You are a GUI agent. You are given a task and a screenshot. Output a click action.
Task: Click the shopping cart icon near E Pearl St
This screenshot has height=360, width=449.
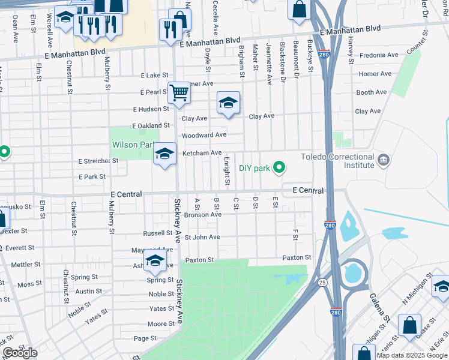tap(179, 93)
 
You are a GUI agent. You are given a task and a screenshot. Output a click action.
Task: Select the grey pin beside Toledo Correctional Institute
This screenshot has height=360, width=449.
tap(384, 160)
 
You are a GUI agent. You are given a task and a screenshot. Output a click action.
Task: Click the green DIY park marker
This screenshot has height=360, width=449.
tap(279, 168)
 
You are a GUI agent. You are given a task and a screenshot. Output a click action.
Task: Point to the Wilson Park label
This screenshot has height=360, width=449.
tap(133, 145)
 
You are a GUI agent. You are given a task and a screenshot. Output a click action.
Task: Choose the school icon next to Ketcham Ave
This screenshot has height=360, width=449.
tap(164, 154)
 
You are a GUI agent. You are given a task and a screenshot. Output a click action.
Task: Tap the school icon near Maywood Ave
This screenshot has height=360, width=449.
tap(155, 261)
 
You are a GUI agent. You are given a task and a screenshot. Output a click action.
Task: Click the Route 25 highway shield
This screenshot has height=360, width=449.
tap(322, 282)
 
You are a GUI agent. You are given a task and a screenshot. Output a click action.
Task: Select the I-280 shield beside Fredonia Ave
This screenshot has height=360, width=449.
tap(324, 54)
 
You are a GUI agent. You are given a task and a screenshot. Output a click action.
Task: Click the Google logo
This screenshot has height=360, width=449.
tap(20, 353)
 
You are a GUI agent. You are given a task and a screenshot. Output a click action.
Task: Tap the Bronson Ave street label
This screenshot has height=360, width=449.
tap(203, 214)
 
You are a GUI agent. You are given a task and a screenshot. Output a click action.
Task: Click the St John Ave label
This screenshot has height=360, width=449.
tap(202, 237)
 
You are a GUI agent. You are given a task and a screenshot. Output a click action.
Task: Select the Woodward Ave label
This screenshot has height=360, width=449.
tap(204, 135)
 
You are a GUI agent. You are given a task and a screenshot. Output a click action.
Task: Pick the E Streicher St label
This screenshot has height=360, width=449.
tap(98, 161)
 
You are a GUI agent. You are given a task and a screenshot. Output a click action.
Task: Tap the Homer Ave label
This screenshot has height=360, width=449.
tap(375, 74)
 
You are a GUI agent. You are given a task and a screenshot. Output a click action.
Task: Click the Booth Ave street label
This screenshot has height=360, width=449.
tap(372, 92)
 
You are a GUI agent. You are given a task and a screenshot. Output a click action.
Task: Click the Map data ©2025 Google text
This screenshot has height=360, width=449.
tap(411, 355)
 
